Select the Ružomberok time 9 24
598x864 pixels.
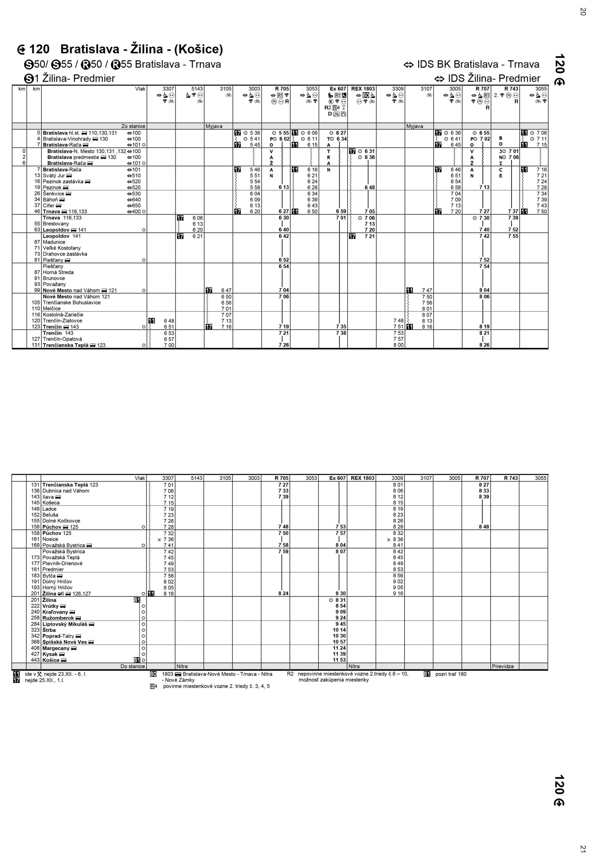340,618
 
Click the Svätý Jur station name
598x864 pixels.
54,175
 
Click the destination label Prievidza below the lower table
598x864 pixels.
503,666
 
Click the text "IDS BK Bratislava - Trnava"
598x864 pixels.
478,64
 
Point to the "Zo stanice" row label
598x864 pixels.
133,126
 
